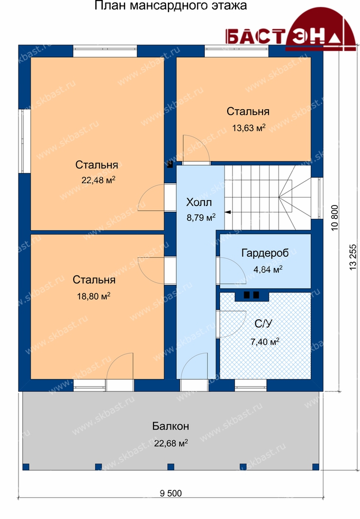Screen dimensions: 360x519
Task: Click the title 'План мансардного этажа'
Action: pos(170,6)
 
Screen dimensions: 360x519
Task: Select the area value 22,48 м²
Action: pos(98,180)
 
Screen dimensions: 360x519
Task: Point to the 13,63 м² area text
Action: pos(248,128)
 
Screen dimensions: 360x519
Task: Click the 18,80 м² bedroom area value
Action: pos(94,296)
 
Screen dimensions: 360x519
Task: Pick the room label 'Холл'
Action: pos(199,202)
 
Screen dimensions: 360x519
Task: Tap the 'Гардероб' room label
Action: pos(265,253)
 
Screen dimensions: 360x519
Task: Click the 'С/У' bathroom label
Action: pos(264,324)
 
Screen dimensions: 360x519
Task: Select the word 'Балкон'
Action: pos(170,426)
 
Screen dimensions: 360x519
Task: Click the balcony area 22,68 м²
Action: pos(170,443)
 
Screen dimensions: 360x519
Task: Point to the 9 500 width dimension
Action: pos(170,494)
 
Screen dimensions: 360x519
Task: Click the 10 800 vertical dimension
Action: pos(335,218)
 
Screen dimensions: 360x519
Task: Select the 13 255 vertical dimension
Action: pos(353,257)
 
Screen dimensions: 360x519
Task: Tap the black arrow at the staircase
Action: pos(228,212)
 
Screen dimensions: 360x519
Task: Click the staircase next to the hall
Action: pos(268,198)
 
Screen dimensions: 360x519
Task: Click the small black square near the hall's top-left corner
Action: pos(170,164)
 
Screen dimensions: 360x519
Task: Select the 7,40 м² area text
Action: pos(265,341)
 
